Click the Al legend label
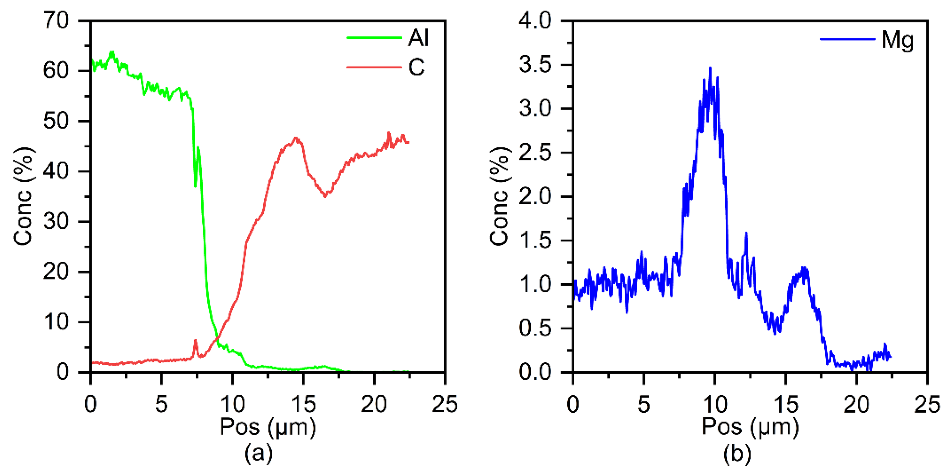click(x=418, y=38)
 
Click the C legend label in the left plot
click(x=416, y=67)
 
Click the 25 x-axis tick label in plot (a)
click(x=445, y=404)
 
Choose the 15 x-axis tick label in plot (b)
click(x=786, y=404)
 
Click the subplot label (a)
click(x=259, y=453)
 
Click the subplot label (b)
click(x=737, y=453)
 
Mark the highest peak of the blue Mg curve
click(x=710, y=68)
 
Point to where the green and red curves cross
click(x=217, y=337)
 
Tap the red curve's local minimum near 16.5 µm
click(x=325, y=196)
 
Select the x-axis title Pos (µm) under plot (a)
click(x=268, y=427)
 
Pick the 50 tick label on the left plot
click(x=56, y=121)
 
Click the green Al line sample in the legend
click(x=374, y=38)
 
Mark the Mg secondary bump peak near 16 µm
click(x=803, y=268)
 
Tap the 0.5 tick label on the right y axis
click(x=535, y=328)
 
